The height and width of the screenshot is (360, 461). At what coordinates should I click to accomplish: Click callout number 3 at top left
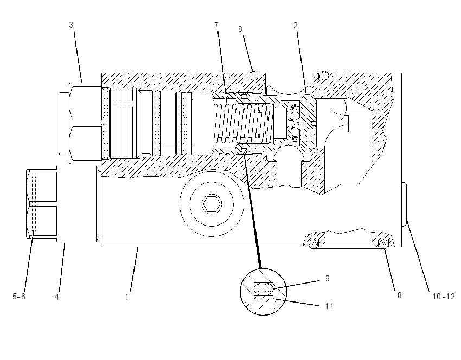[x=71, y=25]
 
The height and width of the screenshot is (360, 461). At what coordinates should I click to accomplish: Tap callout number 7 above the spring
[x=216, y=25]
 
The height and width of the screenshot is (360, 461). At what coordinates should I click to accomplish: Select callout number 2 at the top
[x=296, y=25]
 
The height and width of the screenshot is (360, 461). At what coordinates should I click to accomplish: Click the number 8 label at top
[x=240, y=29]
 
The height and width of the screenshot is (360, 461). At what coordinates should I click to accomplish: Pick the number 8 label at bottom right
[x=400, y=295]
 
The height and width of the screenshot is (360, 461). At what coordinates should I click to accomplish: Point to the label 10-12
[x=443, y=297]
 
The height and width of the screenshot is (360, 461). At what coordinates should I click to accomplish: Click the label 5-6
[x=19, y=296]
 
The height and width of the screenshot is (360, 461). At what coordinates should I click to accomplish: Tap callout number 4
[x=57, y=297]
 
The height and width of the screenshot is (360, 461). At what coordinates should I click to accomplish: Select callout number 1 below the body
[x=127, y=297]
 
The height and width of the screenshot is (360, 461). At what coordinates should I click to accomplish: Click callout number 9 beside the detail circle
[x=328, y=278]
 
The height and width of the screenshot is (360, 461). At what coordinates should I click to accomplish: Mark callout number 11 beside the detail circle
[x=329, y=306]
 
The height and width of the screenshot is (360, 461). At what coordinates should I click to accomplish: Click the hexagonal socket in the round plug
[x=212, y=203]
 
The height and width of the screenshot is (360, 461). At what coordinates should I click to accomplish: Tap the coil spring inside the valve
[x=244, y=123]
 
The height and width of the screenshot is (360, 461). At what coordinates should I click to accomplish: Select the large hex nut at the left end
[x=85, y=123]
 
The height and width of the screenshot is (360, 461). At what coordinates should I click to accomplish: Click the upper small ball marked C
[x=295, y=108]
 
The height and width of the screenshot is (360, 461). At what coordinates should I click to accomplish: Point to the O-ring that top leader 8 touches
[x=254, y=75]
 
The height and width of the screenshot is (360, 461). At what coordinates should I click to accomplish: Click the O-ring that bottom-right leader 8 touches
[x=383, y=243]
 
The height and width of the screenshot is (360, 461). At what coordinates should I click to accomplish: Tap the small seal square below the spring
[x=244, y=151]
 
